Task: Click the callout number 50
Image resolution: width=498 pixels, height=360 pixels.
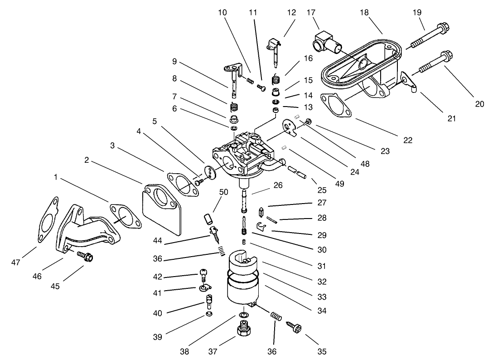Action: coord(223,192)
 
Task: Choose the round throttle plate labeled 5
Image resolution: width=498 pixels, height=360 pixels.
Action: coord(210,173)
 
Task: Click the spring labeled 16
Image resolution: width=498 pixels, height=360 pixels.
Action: coord(276,80)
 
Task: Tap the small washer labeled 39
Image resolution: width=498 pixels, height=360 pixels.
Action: coord(209,314)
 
